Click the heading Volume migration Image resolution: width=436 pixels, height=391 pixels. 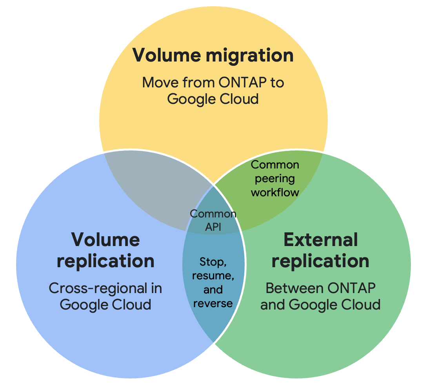213,55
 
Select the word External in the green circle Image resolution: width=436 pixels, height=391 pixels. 320,239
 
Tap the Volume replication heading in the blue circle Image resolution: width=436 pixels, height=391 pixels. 105,250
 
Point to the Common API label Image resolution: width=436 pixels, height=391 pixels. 213,220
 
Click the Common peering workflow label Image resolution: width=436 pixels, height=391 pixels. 275,178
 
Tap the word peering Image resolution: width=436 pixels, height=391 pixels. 275,179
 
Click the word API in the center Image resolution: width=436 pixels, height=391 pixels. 213,227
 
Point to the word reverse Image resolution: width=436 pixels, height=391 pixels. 213,303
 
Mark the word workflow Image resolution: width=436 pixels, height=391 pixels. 275,192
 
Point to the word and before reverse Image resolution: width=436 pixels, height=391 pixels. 213,290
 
